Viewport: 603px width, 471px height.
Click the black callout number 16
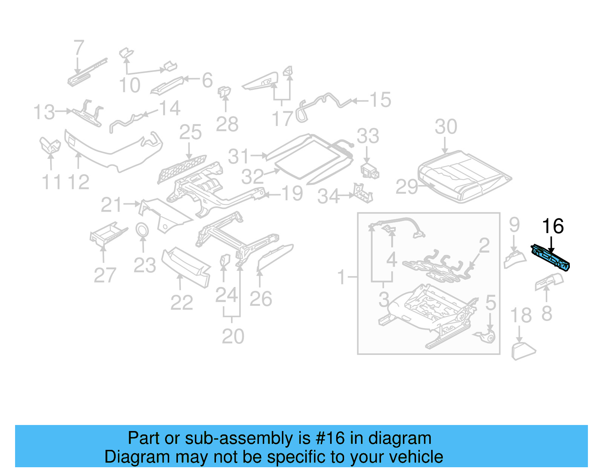coord(552,226)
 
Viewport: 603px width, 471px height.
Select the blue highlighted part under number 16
coord(550,258)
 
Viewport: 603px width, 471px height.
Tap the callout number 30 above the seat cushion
coord(446,127)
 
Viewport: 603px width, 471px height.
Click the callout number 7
coord(78,48)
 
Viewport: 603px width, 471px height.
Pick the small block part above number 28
coord(225,91)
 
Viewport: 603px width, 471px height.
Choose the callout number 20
coord(233,336)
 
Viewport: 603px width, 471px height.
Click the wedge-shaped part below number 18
coord(523,351)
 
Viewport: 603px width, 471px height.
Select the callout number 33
coord(367,136)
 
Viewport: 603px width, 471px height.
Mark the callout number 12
coord(78,182)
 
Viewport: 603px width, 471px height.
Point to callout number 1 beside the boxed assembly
coord(341,278)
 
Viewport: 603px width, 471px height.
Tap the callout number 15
coord(380,100)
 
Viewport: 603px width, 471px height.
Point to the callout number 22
coord(181,302)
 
